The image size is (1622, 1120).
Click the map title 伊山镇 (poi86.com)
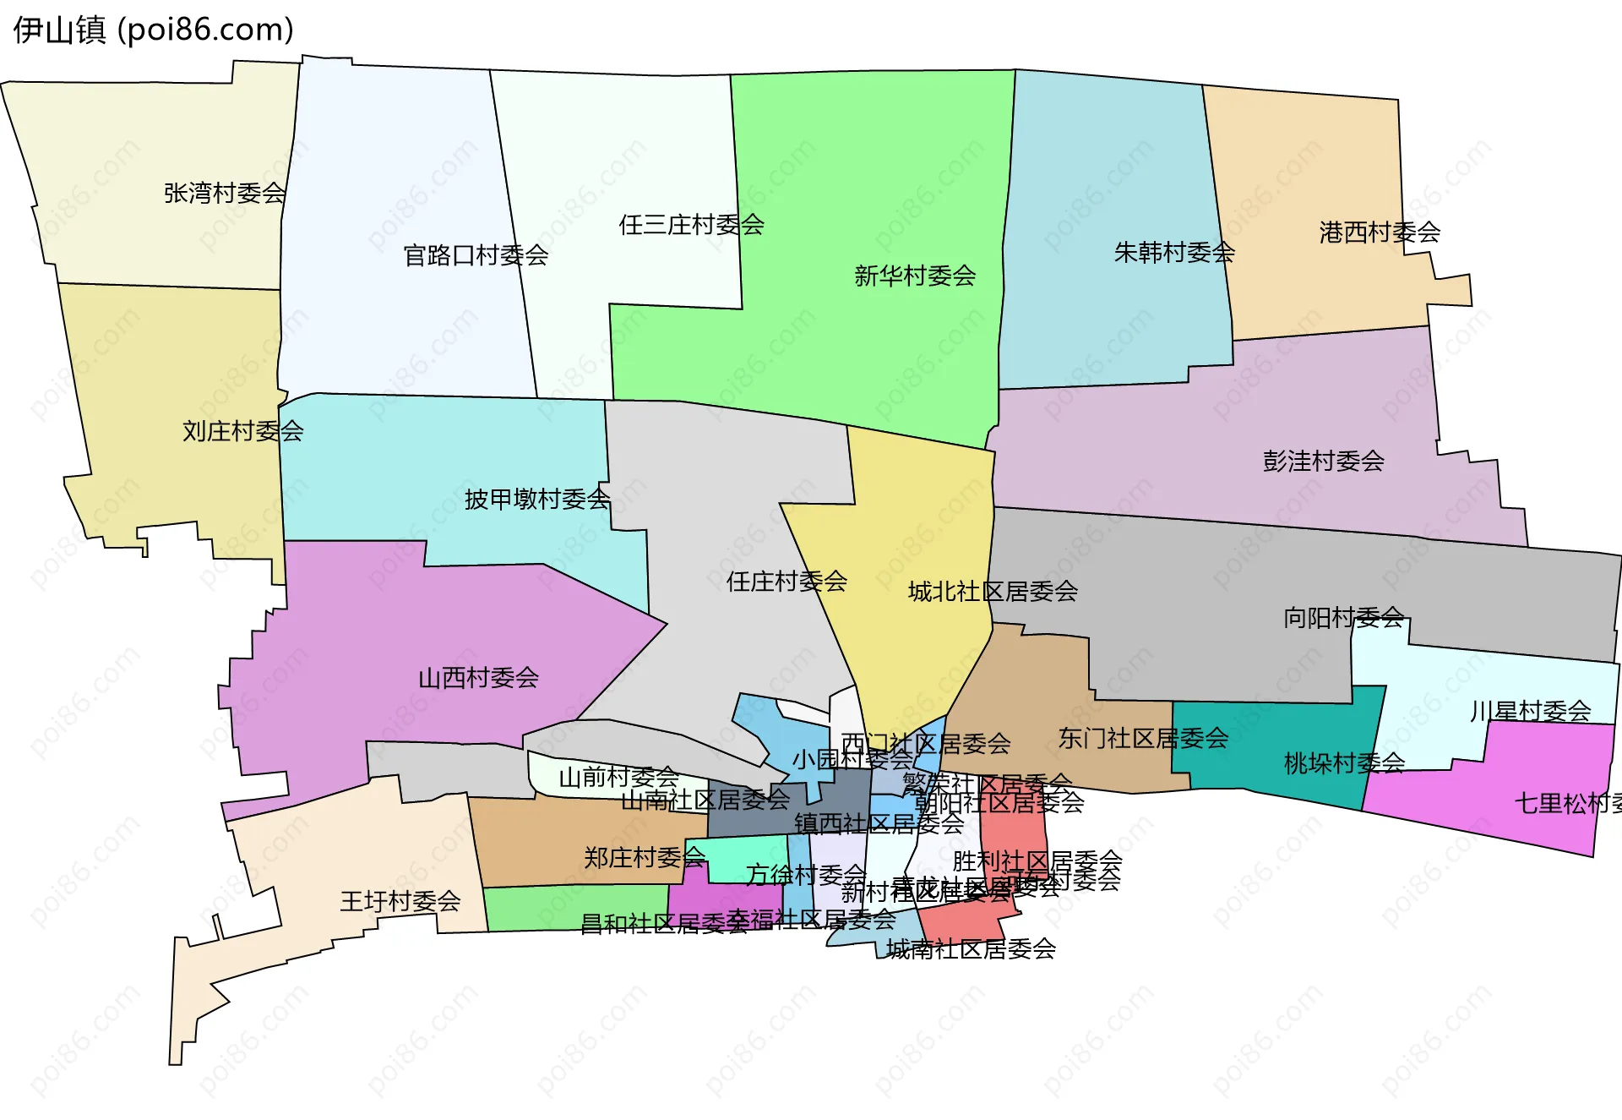coord(154,30)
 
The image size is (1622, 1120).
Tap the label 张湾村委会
coord(225,194)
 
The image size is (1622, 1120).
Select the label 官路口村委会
coord(476,255)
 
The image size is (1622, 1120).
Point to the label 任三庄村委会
coord(691,225)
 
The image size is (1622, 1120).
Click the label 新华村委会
coord(915,276)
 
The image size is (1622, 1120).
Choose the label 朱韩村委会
coord(1174,252)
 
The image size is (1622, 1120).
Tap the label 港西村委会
coord(1380,232)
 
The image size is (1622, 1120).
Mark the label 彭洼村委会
coord(1323,461)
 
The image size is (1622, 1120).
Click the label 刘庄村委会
coord(243,431)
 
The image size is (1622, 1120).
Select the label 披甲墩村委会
coord(537,500)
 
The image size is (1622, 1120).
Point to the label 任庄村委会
coord(787,582)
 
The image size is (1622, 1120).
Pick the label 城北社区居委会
coord(993,592)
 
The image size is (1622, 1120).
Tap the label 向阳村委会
coord(1343,618)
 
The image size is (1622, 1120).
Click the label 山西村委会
coord(478,678)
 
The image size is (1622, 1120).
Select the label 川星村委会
coord(1530,711)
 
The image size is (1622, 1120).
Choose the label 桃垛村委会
coord(1344,763)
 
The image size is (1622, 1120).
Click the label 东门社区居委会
coord(1143,739)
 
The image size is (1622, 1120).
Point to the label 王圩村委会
coord(400,901)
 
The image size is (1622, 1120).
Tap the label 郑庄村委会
coord(645,858)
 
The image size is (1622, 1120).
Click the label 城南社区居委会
coord(971,949)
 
